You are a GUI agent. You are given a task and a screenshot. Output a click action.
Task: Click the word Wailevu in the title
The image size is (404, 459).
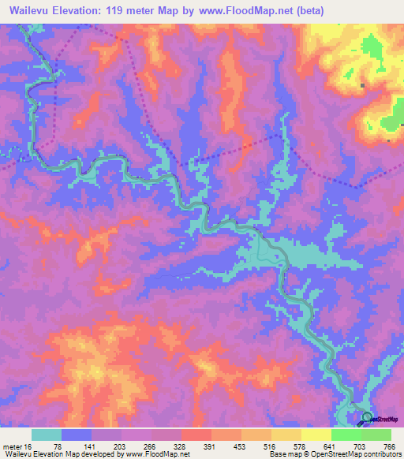click(31, 11)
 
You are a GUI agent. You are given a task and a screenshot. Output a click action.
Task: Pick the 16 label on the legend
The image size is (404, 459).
click(29, 446)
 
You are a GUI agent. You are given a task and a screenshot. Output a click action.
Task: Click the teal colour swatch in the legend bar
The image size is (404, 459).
click(47, 435)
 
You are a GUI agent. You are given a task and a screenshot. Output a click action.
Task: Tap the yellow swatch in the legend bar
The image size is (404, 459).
click(286, 435)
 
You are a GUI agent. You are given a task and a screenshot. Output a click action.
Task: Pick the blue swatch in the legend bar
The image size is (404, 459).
click(77, 435)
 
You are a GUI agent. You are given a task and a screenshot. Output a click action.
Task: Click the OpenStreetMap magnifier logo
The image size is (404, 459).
click(367, 418)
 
